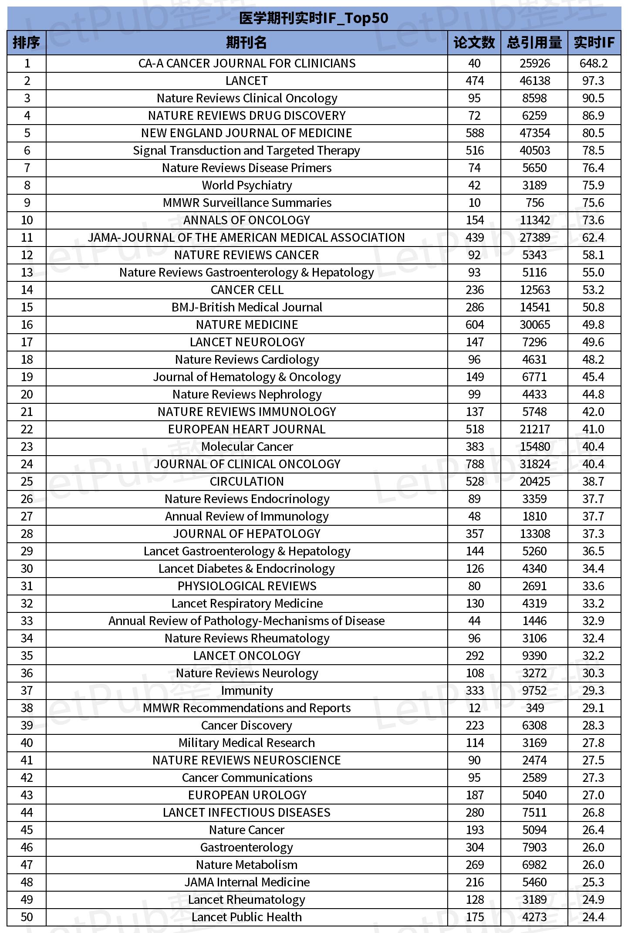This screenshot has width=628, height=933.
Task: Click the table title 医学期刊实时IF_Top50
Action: pyautogui.click(x=314, y=18)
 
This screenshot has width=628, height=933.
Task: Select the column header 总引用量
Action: pyautogui.click(x=534, y=43)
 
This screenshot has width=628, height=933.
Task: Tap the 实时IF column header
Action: pyautogui.click(x=594, y=43)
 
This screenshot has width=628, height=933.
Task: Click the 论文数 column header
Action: pyautogui.click(x=474, y=43)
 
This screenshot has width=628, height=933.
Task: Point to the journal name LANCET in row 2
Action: pyautogui.click(x=246, y=81)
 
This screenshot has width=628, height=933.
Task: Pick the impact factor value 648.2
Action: pyautogui.click(x=593, y=64)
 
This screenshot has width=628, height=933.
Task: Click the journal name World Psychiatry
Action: pyautogui.click(x=246, y=186)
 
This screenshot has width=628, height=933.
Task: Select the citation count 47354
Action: pyautogui.click(x=534, y=133)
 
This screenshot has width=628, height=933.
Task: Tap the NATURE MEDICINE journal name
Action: pyautogui.click(x=246, y=325)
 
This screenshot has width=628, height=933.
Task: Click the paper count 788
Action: pyautogui.click(x=474, y=464)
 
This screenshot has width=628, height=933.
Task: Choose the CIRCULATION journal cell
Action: pyautogui.click(x=246, y=482)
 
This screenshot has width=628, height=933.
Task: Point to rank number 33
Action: pyautogui.click(x=27, y=621)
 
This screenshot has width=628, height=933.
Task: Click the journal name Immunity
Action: pyautogui.click(x=246, y=691)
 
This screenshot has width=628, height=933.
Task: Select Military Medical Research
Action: pyautogui.click(x=246, y=743)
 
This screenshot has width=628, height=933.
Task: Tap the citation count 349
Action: pyautogui.click(x=534, y=708)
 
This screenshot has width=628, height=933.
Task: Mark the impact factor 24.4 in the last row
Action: pyautogui.click(x=593, y=917)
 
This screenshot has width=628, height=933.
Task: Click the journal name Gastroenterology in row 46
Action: pyautogui.click(x=246, y=848)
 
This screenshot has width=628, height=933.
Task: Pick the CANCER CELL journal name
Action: pyautogui.click(x=246, y=290)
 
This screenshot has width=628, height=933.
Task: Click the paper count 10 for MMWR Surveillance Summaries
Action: pyautogui.click(x=474, y=203)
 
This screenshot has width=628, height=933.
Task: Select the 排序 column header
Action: pyautogui.click(x=27, y=43)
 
